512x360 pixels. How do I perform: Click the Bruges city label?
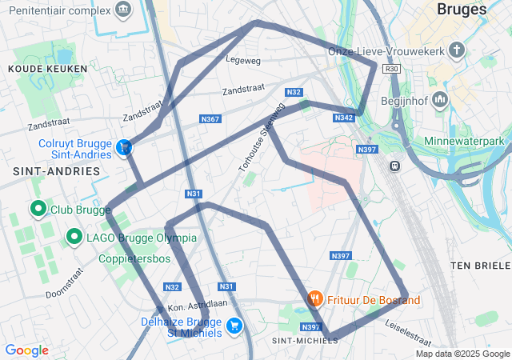click(x=462, y=10)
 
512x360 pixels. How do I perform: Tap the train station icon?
click(x=394, y=166)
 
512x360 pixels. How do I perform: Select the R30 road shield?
click(x=391, y=70)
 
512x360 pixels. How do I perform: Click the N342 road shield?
click(x=344, y=118)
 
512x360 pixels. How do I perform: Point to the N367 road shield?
click(x=210, y=119)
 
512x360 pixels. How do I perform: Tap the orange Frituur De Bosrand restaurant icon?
click(x=315, y=299)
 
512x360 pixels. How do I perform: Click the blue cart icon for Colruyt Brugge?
click(x=124, y=147)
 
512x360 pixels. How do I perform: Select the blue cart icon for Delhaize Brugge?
click(x=234, y=326)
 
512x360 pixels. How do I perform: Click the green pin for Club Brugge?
click(x=38, y=210)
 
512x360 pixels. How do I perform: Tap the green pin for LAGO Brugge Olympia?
click(x=74, y=237)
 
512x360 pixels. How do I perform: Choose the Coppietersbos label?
click(x=134, y=259)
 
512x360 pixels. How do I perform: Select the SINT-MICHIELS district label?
click(x=306, y=341)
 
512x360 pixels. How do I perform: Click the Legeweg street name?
click(x=243, y=60)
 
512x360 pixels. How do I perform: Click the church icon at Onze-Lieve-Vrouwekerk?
click(x=457, y=51)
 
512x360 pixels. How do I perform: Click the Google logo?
click(x=26, y=350)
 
